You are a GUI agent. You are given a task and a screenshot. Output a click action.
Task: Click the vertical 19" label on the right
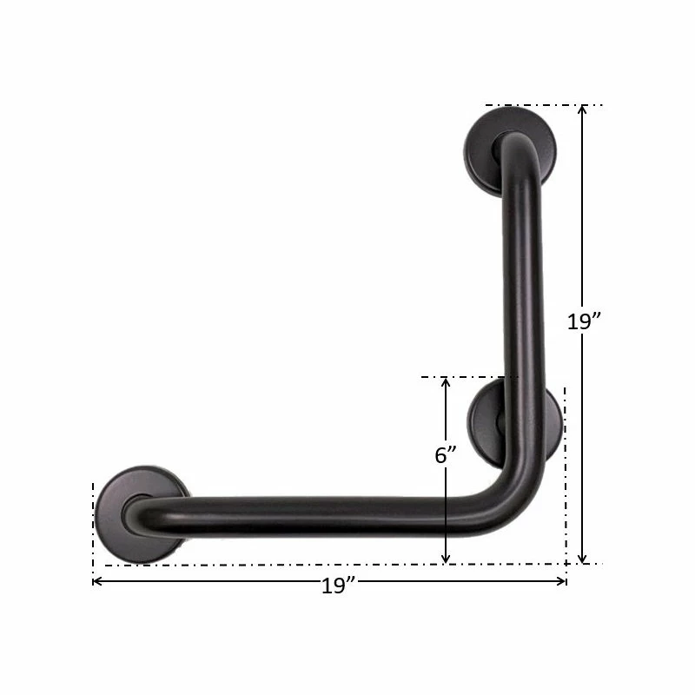[x=585, y=321]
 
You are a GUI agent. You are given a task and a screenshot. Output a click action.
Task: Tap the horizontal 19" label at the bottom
[x=334, y=586]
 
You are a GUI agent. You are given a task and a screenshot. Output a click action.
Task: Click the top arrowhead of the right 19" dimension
[x=583, y=110]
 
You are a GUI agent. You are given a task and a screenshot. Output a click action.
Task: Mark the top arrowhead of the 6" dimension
[x=446, y=382]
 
